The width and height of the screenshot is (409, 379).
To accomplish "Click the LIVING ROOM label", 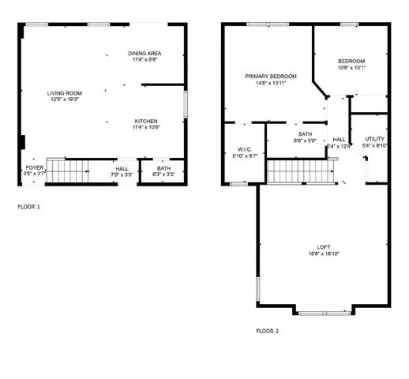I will point(66,93).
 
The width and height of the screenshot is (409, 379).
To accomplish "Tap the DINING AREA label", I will point(145,53).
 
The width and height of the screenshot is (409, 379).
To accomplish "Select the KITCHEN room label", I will point(146,121).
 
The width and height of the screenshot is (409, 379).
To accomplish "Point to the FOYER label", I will point(35,168).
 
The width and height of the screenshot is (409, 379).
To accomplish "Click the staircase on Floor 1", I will point(66,171).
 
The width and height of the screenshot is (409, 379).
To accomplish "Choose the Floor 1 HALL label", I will point(122,168).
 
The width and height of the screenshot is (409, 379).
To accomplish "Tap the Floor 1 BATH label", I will point(163,168).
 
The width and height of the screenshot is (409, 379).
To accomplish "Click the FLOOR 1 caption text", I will point(29,207).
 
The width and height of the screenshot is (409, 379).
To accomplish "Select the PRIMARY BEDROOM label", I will point(270,77).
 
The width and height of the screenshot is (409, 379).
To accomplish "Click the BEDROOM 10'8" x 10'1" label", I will point(351,62).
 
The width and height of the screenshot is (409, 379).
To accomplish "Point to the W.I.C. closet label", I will point(243,150).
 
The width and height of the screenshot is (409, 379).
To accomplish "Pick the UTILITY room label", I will point(375,139).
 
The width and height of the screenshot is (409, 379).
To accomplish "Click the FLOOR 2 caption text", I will point(268,330).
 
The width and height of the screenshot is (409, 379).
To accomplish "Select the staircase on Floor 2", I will point(291,170).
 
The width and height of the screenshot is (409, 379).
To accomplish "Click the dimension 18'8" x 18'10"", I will point(323,254).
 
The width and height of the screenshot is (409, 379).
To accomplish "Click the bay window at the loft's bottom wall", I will point(324,313).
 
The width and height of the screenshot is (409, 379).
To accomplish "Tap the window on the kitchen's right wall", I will point(186,105).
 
